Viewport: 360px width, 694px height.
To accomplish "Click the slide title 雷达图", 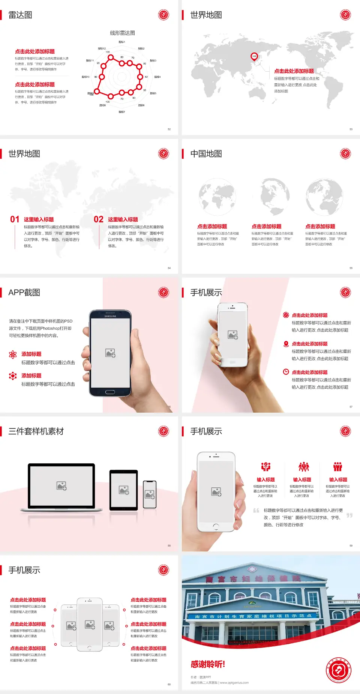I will click(x=20, y=15).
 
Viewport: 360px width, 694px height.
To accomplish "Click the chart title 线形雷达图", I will click(x=122, y=33).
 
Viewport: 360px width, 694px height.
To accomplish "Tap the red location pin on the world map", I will click(x=254, y=56).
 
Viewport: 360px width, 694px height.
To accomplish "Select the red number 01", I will click(x=15, y=219).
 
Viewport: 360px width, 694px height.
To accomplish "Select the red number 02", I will click(x=99, y=219).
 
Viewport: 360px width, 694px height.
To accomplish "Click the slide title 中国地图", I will click(x=206, y=154).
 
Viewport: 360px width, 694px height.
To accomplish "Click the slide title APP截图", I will click(x=24, y=293).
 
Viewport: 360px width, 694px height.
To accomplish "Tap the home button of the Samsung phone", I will click(x=110, y=392).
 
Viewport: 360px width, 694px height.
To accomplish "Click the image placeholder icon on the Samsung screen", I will click(x=110, y=353).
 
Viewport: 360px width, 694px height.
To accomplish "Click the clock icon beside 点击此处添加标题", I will click(x=286, y=372).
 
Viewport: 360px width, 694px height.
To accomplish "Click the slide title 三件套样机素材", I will click(x=36, y=431).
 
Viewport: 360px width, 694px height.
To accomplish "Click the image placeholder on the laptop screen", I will click(x=61, y=486).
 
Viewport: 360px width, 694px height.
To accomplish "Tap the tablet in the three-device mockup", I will click(x=124, y=490).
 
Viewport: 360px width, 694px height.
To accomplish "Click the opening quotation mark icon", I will click(x=256, y=511).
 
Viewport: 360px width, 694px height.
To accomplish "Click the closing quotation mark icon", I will click(x=349, y=515).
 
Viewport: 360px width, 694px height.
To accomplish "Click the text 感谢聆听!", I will click(x=208, y=664).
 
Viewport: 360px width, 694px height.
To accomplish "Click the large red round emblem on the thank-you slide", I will click(x=339, y=670).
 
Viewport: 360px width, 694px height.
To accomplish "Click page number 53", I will click(x=351, y=129).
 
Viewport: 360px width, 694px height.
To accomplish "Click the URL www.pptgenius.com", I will click(x=234, y=683).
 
